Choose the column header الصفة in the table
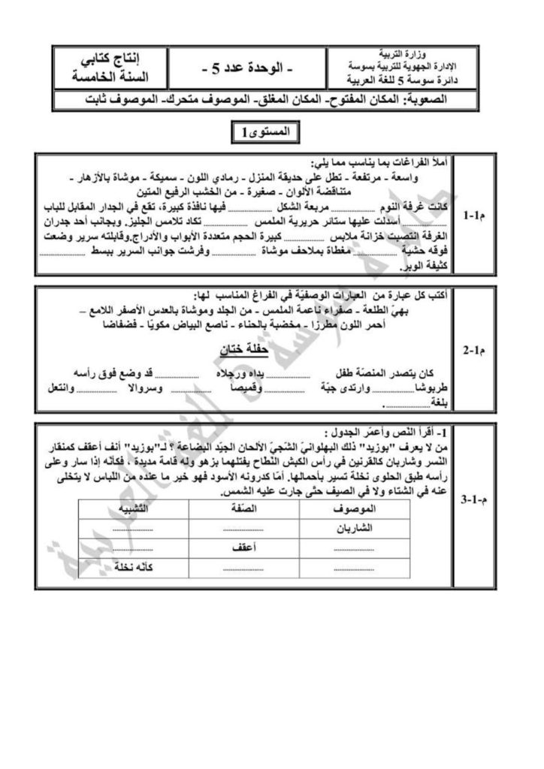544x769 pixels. [x=245, y=508]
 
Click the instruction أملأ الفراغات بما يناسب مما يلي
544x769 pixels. [x=380, y=163]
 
